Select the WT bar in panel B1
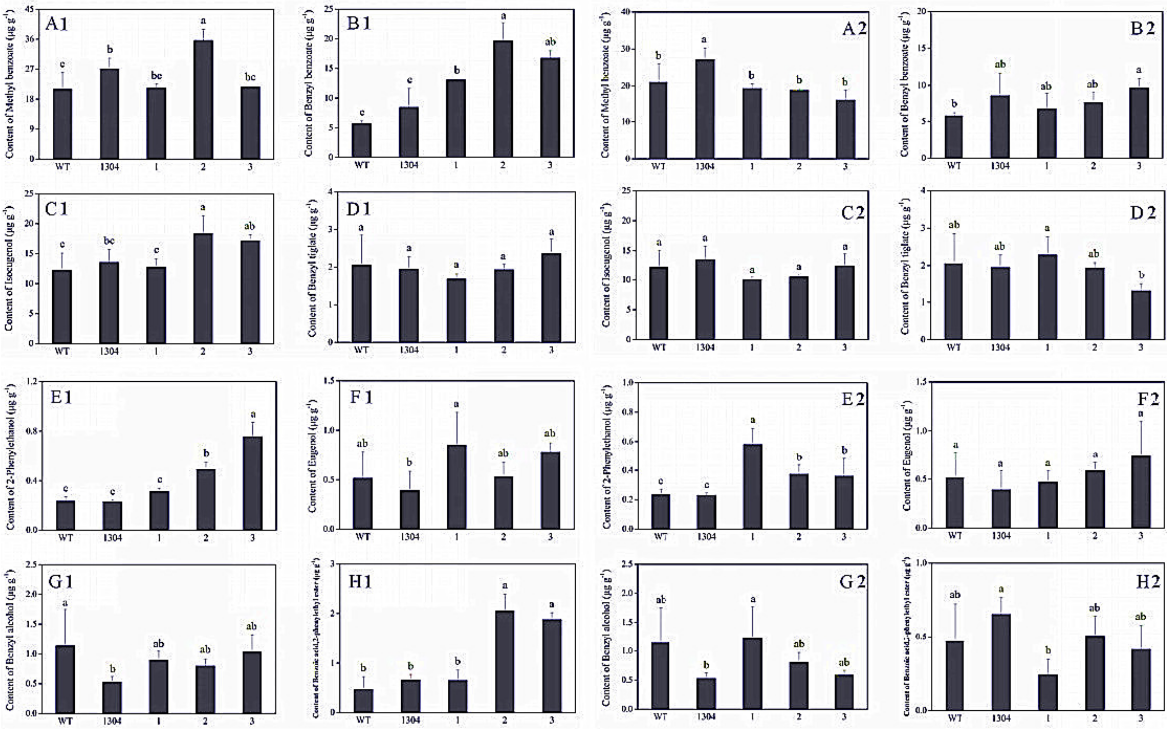tap(362, 140)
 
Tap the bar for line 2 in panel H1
tap(504, 661)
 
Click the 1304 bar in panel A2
tap(705, 108)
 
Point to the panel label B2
tap(1142, 28)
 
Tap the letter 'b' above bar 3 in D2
tap(1141, 275)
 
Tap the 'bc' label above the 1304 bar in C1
tap(109, 240)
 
